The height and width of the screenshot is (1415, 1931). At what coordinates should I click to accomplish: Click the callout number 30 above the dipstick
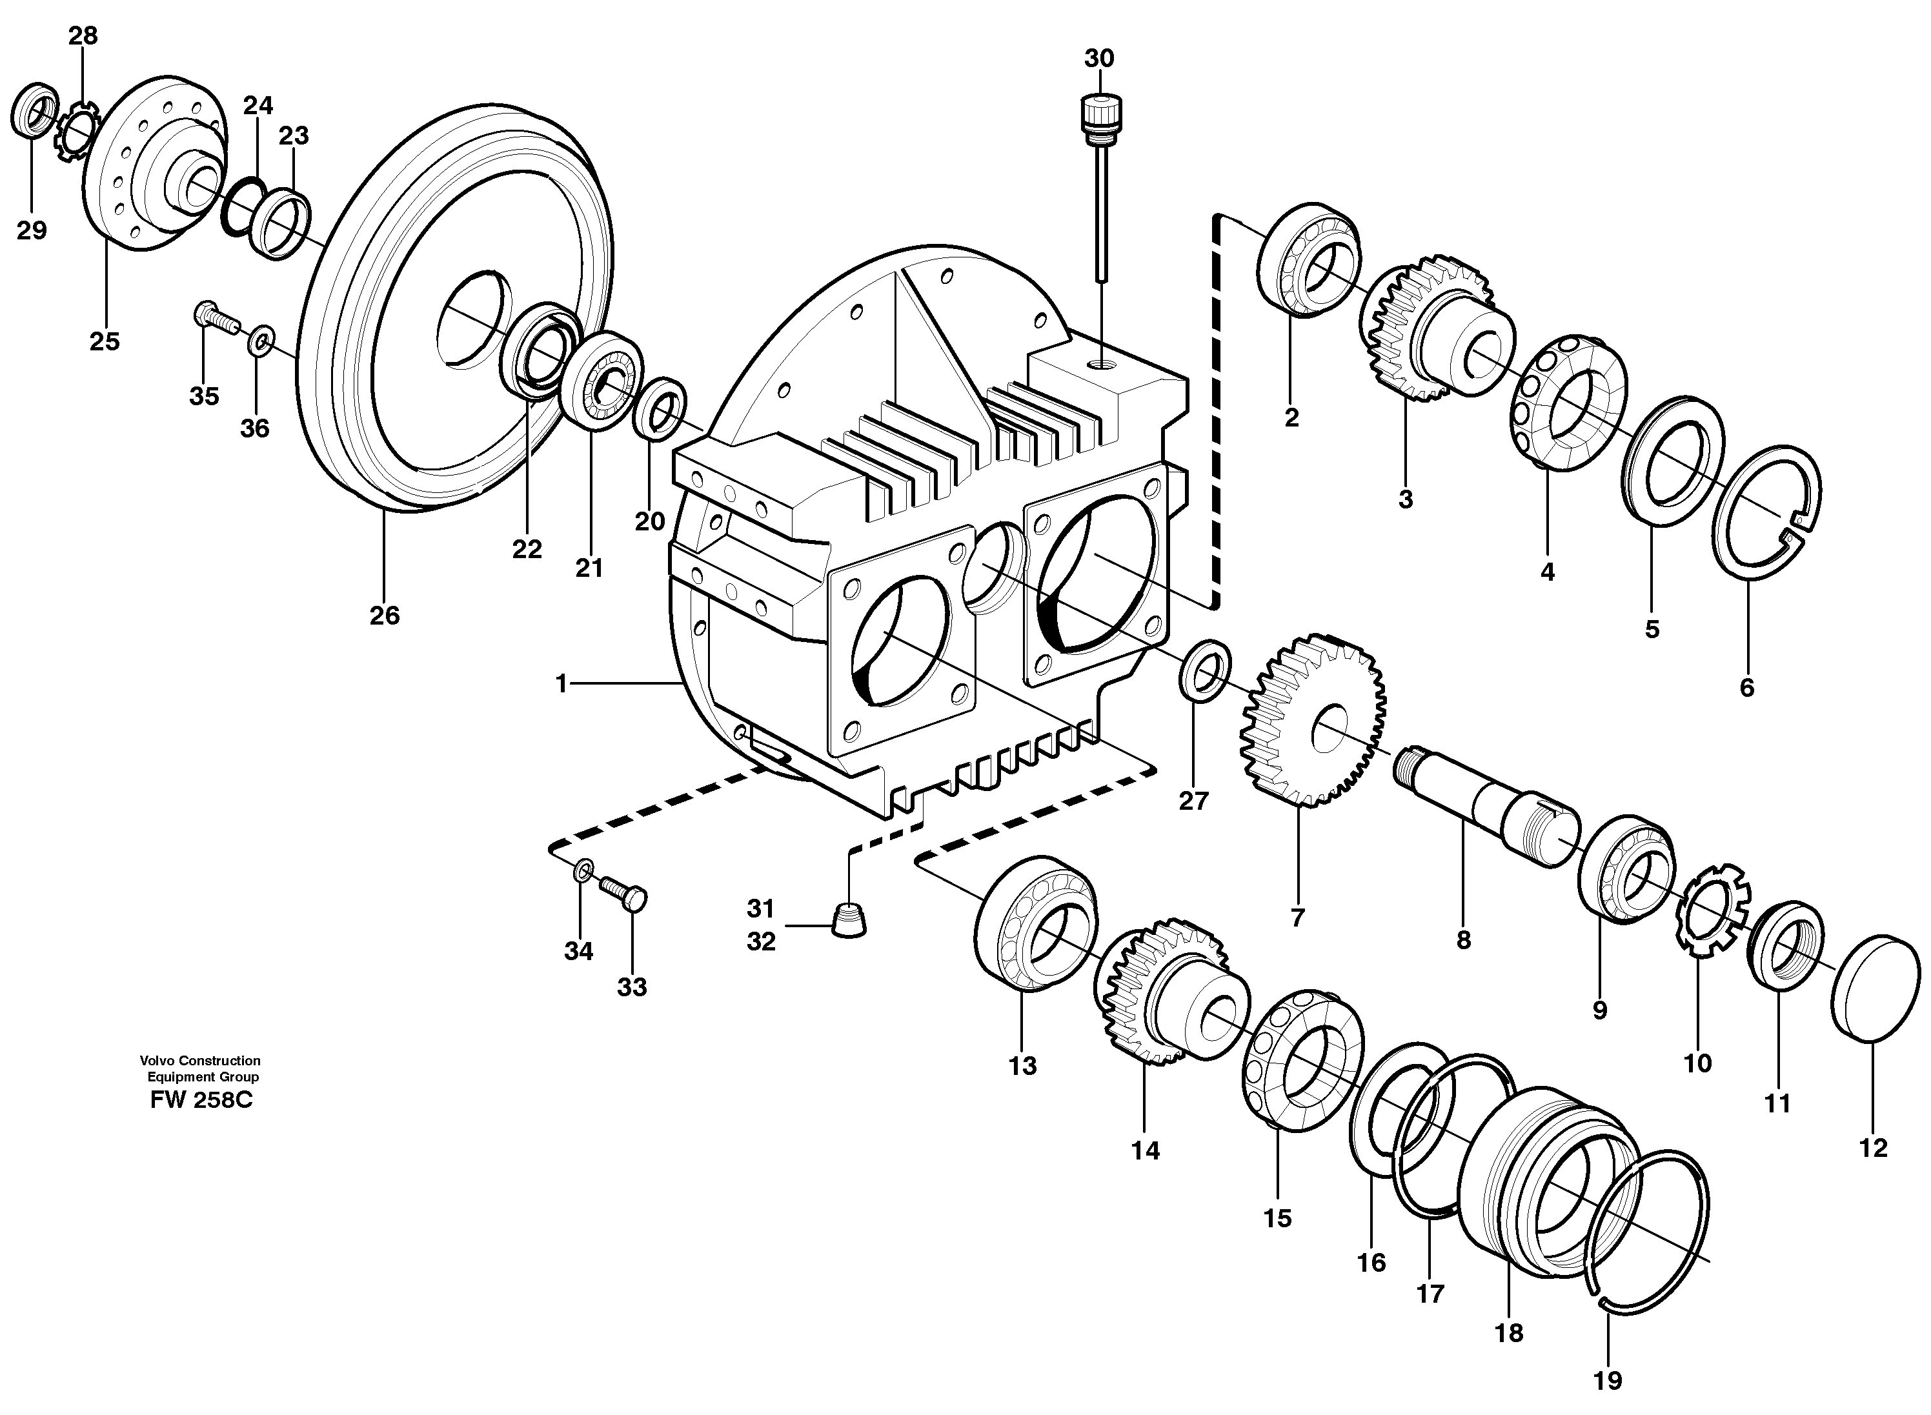pos(1099,58)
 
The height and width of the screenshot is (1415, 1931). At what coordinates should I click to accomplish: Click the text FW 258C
pos(201,1101)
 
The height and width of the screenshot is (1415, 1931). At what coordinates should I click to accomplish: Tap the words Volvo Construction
pos(201,1060)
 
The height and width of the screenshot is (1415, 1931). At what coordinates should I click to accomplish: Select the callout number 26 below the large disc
pos(385,615)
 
